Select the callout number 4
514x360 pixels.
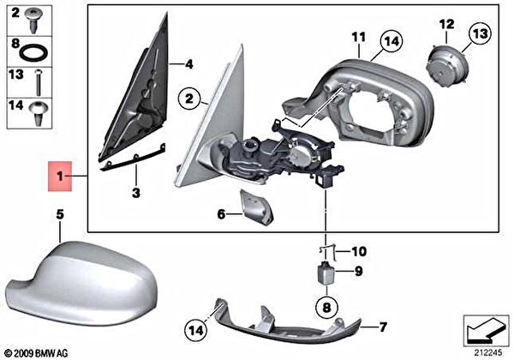pyautogui.click(x=188, y=64)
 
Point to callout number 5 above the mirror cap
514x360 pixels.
pyautogui.click(x=60, y=214)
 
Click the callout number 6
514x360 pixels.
pyautogui.click(x=221, y=213)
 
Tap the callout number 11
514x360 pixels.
pyautogui.click(x=359, y=38)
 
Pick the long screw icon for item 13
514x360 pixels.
pyautogui.click(x=39, y=83)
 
